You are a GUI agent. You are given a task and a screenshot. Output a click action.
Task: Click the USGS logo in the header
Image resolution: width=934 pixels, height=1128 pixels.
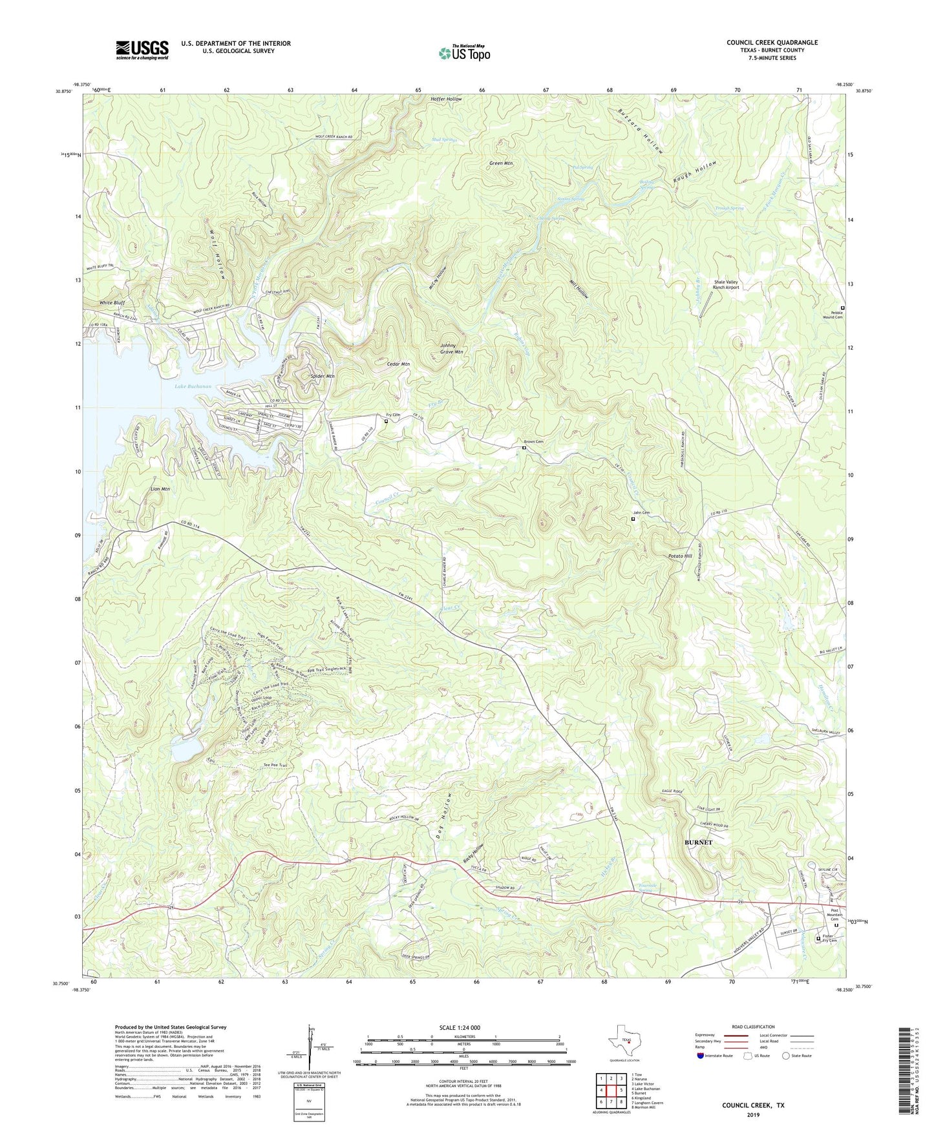(x=142, y=50)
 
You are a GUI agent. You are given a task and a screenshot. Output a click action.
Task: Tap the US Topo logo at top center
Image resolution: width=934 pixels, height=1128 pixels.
(x=463, y=53)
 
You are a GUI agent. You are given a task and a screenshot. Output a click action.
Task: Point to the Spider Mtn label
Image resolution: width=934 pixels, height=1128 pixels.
(x=322, y=376)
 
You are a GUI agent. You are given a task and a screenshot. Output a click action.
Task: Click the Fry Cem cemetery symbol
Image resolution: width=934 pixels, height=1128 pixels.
(x=387, y=421)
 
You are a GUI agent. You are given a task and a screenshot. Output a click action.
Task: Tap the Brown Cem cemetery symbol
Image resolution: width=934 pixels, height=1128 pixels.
(x=524, y=448)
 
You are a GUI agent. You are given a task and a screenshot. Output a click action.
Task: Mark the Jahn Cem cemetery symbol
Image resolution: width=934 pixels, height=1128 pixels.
(x=633, y=519)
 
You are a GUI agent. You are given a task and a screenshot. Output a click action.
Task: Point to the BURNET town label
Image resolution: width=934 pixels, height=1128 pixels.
(x=698, y=842)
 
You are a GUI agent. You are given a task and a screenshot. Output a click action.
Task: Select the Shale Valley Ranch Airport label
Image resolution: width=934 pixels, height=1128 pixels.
(x=726, y=285)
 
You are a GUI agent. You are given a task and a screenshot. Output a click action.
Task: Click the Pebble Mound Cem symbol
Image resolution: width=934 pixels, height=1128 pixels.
(x=842, y=308)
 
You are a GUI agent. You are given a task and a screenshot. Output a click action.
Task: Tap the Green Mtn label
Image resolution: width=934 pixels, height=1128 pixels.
(x=501, y=163)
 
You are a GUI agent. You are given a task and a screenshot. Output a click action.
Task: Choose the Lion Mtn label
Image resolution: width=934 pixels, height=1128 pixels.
(x=160, y=489)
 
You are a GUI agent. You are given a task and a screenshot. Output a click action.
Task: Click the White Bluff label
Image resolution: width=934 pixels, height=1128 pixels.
(x=112, y=302)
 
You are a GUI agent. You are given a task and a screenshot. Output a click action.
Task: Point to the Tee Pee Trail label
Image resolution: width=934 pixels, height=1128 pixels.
(x=274, y=766)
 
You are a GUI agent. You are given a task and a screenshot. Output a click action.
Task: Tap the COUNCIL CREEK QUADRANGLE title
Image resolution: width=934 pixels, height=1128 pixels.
(x=772, y=43)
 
